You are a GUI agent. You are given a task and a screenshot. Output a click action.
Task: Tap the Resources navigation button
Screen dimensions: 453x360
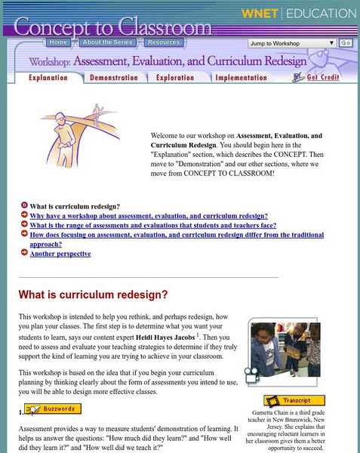[163, 43]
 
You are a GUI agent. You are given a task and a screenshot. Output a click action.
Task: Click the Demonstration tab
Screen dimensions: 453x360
[113, 77]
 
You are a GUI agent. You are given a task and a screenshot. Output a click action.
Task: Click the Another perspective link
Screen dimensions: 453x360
[60, 254]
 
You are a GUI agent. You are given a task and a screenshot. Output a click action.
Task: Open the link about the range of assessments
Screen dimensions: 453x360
[153, 225]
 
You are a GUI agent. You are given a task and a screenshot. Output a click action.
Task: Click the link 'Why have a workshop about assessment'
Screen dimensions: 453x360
[149, 215]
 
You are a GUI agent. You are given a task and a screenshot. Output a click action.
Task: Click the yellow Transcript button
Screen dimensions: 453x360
[294, 401]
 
